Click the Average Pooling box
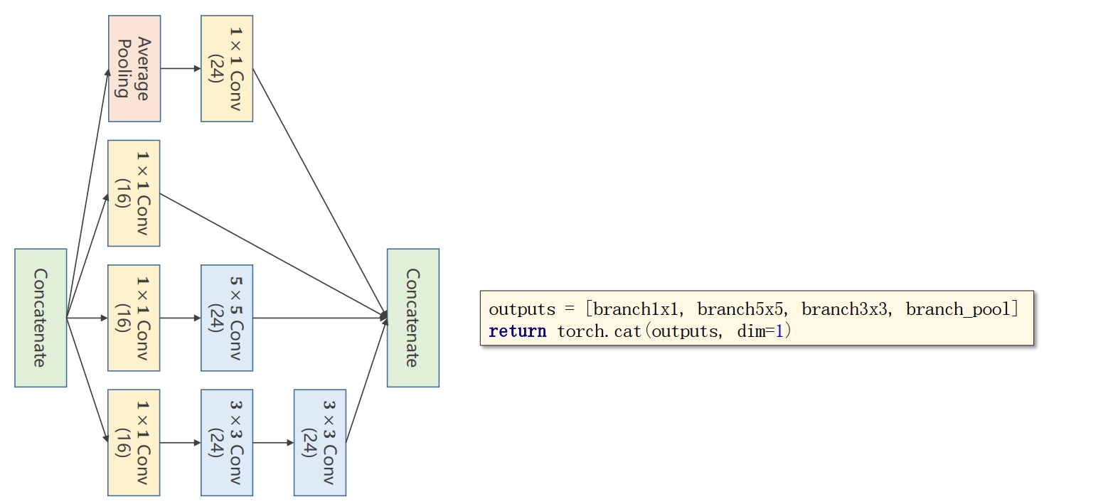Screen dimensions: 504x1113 click(x=134, y=69)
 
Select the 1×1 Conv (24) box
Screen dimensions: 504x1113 click(x=227, y=69)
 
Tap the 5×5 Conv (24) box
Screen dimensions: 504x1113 click(x=227, y=318)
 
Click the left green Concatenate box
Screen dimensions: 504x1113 click(x=41, y=318)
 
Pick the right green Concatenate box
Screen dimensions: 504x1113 click(x=412, y=318)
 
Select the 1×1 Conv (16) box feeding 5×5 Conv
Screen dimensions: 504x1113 click(x=134, y=318)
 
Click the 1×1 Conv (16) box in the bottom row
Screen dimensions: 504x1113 click(x=134, y=442)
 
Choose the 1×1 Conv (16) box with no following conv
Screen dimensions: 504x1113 click(x=134, y=193)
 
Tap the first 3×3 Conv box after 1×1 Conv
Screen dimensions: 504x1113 click(x=227, y=442)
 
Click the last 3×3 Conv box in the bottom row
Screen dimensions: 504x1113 click(x=320, y=442)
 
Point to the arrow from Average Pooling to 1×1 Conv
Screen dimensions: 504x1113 click(x=181, y=69)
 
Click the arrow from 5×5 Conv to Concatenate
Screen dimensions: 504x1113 click(x=320, y=318)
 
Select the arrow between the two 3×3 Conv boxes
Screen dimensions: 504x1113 click(x=273, y=442)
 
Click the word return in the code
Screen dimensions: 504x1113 click(x=517, y=331)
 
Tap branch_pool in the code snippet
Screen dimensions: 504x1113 click(x=958, y=309)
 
